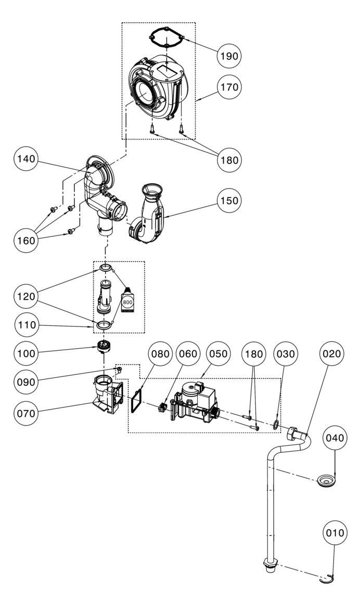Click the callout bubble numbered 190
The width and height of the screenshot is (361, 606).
click(x=229, y=55)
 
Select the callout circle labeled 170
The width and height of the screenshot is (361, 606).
click(x=229, y=87)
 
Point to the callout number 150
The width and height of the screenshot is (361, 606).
click(x=229, y=201)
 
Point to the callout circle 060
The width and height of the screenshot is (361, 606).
click(x=188, y=353)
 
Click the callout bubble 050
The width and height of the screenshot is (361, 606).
click(x=218, y=353)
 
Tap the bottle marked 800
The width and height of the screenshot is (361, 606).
click(x=128, y=300)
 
